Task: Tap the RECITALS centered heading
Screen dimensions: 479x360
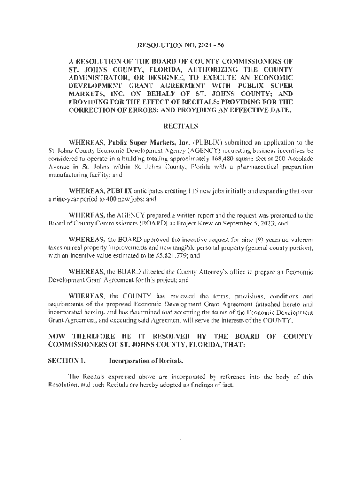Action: coord(180,126)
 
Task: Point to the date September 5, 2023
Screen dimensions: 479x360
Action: coord(254,224)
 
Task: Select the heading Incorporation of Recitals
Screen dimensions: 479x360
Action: coord(146,361)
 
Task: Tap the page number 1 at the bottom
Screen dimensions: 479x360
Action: coord(180,438)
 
